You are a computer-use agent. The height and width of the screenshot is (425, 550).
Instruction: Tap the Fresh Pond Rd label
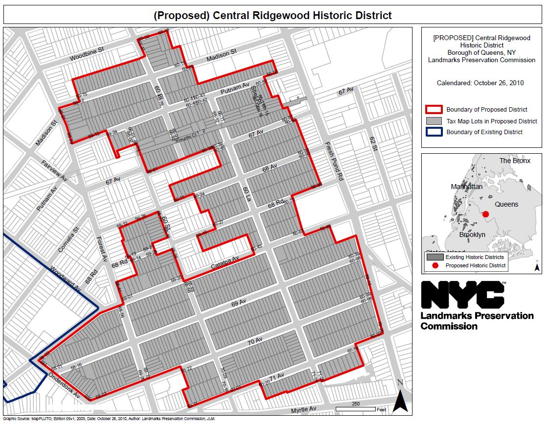(x=334, y=162)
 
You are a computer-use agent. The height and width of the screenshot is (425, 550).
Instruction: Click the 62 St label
(x=373, y=143)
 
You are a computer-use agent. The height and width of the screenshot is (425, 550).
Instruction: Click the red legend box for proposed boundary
(x=435, y=110)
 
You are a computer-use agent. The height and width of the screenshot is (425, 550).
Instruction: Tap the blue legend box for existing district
(x=435, y=132)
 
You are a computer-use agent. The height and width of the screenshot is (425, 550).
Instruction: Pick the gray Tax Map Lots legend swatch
(x=435, y=121)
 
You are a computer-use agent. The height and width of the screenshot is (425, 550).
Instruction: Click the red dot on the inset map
(x=486, y=214)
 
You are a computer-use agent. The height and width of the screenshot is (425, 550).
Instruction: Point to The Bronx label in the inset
(x=515, y=161)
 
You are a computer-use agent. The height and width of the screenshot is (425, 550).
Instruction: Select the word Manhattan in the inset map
(x=467, y=187)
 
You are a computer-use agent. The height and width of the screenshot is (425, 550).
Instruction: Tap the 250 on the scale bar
(x=355, y=404)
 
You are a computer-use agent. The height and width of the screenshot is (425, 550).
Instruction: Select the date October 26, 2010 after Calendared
(x=499, y=83)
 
